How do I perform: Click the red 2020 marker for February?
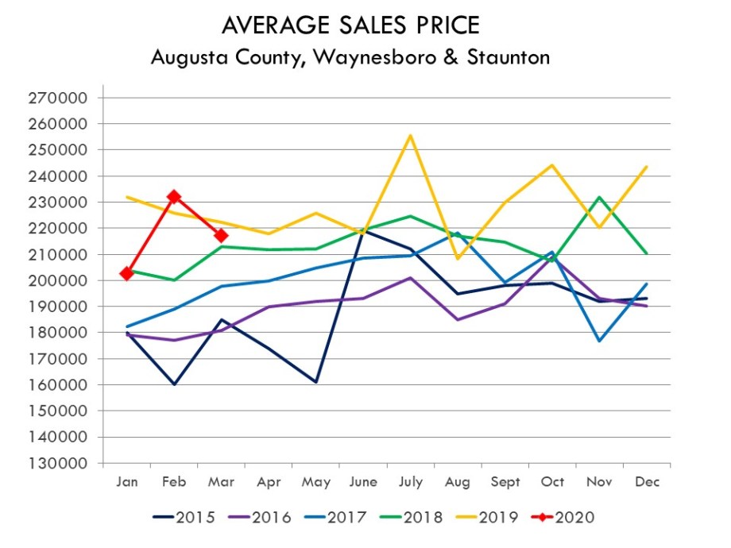pyautogui.click(x=174, y=196)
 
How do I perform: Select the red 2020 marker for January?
pyautogui.click(x=127, y=274)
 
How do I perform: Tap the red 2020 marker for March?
pyautogui.click(x=221, y=236)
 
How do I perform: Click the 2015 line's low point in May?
pyautogui.click(x=315, y=382)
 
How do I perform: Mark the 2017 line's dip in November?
pyautogui.click(x=599, y=341)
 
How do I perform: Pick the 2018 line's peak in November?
pyautogui.click(x=599, y=197)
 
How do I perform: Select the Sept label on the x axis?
pyautogui.click(x=505, y=482)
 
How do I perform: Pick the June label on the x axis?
pyautogui.click(x=363, y=482)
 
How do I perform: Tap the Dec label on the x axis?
pyautogui.click(x=646, y=482)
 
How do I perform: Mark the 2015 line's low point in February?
pyautogui.click(x=174, y=384)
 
